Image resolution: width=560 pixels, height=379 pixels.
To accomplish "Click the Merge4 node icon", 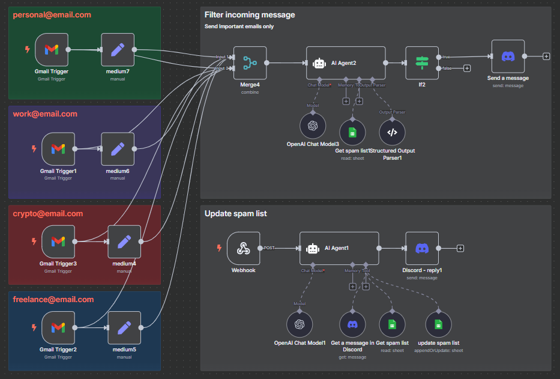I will [x=250, y=62].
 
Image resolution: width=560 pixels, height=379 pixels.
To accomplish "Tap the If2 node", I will [x=422, y=62].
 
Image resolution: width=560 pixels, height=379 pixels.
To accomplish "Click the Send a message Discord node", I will [x=508, y=56].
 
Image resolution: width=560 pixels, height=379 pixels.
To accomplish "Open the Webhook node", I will [x=244, y=248].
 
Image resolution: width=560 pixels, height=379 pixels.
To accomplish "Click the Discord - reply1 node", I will [x=422, y=248].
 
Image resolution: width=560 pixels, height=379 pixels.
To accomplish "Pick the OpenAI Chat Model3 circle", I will [x=312, y=126].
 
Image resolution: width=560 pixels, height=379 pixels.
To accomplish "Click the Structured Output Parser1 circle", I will [x=392, y=132].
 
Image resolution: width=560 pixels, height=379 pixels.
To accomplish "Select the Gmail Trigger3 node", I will [x=58, y=241].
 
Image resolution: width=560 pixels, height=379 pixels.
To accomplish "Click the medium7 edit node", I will [x=118, y=50].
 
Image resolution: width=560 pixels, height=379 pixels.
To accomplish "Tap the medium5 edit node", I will [x=124, y=327].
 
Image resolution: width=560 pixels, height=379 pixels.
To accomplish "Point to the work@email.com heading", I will [x=45, y=114].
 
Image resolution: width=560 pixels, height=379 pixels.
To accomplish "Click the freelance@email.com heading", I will [x=53, y=299].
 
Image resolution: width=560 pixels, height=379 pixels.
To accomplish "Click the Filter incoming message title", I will [x=250, y=14].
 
